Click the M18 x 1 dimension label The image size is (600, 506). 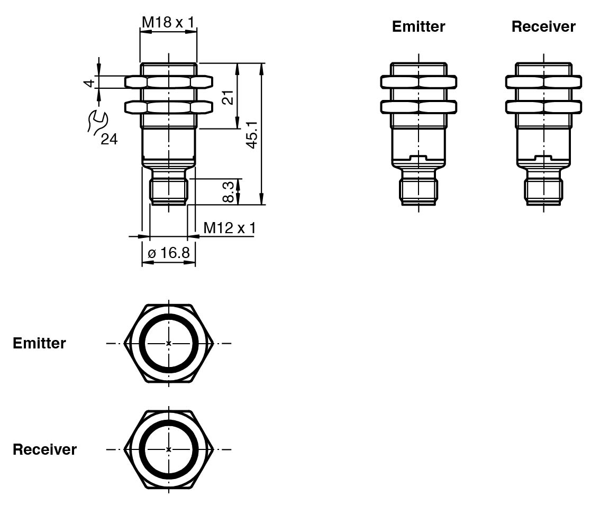168,22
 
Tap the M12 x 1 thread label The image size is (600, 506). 230,228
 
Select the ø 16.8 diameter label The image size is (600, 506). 168,253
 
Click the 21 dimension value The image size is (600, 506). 228,97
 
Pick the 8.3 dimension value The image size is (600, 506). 228,191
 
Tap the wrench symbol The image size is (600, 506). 97,121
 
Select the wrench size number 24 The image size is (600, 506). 109,139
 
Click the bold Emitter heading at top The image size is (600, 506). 418,26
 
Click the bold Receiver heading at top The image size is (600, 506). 543,26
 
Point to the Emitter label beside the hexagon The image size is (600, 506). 39,343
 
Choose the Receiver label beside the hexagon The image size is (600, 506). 44,449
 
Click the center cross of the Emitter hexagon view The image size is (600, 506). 169,344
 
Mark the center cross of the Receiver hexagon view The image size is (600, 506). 169,449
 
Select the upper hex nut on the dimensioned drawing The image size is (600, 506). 169,82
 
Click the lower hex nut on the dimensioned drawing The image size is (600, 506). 169,107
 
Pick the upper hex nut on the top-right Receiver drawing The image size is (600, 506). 543,82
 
